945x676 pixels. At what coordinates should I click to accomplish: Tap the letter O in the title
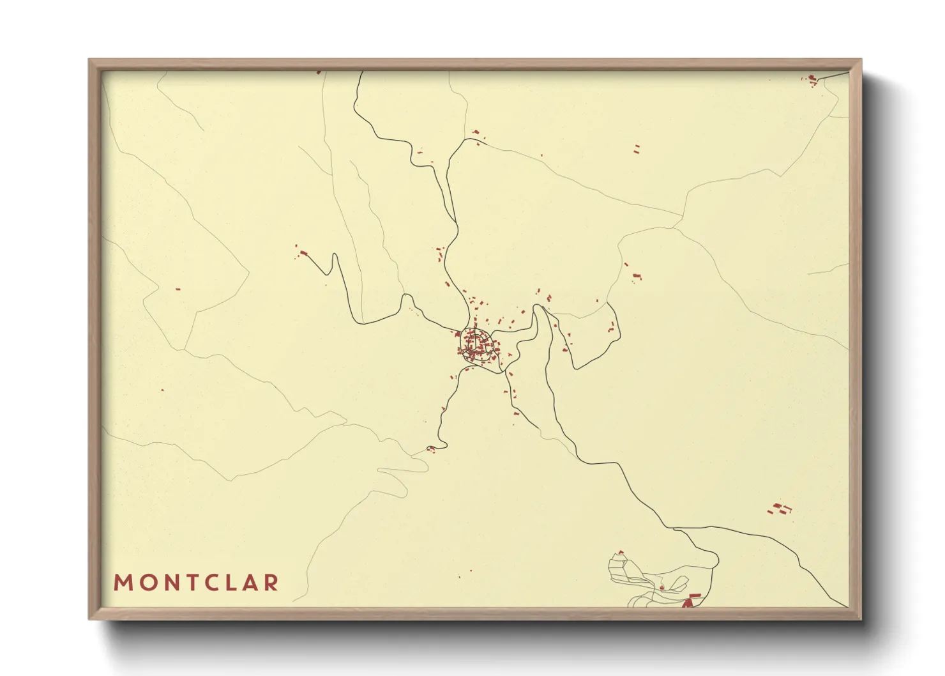(144, 583)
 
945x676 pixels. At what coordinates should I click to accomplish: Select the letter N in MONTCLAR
(165, 583)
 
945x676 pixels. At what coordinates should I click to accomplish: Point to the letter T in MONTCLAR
(186, 583)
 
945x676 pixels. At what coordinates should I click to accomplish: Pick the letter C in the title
(207, 583)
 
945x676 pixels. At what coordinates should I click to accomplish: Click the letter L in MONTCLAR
(228, 583)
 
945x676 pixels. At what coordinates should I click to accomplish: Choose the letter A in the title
(249, 583)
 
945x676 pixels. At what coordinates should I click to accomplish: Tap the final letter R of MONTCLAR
(272, 583)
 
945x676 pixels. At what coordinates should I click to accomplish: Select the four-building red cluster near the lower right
(779, 509)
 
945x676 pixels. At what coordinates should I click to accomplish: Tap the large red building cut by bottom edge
(690, 601)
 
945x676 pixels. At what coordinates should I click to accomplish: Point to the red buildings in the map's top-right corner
(812, 80)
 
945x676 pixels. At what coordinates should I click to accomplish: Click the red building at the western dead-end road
(303, 253)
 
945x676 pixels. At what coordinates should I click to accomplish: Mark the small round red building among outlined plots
(662, 587)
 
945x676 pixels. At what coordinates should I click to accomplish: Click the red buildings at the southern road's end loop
(431, 449)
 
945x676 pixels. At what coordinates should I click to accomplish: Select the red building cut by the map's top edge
(319, 72)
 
